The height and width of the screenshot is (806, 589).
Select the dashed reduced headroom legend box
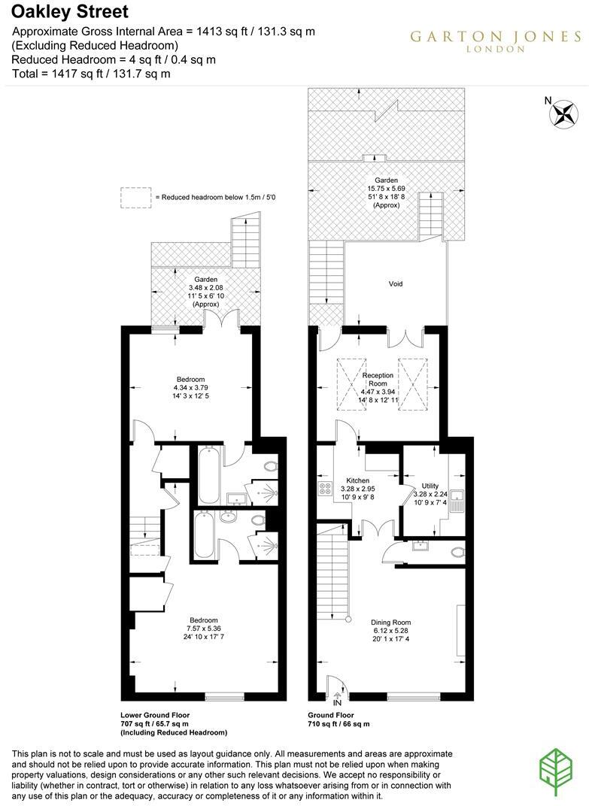(x=135, y=197)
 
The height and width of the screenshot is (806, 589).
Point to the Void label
(x=396, y=284)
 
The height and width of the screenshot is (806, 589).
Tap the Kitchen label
(x=357, y=480)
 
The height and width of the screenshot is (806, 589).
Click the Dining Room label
(x=391, y=623)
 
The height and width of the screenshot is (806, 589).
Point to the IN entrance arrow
(x=338, y=702)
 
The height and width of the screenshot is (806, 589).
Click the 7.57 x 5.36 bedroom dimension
(x=204, y=628)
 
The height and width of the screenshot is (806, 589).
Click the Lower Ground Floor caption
(x=155, y=715)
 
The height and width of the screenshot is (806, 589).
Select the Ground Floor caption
(x=331, y=715)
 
